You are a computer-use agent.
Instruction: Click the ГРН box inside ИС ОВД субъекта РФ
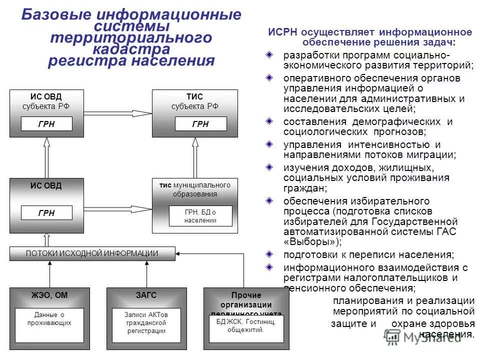46,124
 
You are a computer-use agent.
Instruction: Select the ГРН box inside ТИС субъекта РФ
200,124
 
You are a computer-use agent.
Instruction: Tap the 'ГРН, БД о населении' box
200,216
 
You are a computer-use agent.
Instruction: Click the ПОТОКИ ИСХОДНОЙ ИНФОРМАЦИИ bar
92,253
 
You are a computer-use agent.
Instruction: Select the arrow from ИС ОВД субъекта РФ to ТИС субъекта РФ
117,113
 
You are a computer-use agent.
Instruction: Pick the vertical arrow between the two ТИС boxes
195,157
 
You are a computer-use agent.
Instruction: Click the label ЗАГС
146,295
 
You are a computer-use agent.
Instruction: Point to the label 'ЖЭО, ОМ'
49,295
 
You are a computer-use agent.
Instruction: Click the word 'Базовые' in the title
53,14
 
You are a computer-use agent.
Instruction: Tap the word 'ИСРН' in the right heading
282,32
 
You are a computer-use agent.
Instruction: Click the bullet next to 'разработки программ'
269,53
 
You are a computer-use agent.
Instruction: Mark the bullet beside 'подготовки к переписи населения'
269,254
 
